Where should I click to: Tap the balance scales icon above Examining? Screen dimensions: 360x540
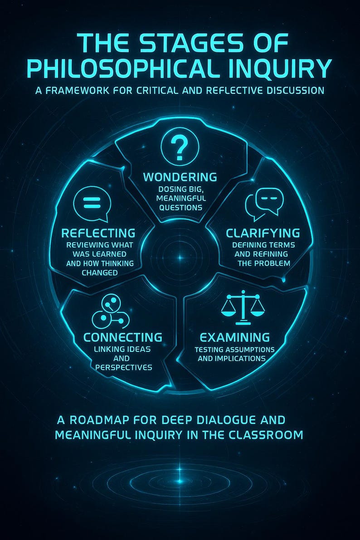click(x=243, y=307)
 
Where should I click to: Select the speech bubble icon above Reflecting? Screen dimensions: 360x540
click(x=92, y=204)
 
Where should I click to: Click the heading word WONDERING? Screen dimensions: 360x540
click(x=180, y=177)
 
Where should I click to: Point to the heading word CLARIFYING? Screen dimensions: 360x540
click(x=263, y=233)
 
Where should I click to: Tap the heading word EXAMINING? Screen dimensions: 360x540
click(x=234, y=337)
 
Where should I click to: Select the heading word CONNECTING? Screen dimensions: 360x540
click(x=123, y=337)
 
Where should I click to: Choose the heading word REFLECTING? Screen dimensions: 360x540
click(x=98, y=233)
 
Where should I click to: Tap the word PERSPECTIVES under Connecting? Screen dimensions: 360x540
click(x=124, y=367)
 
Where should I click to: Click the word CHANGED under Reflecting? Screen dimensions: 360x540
click(x=100, y=273)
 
